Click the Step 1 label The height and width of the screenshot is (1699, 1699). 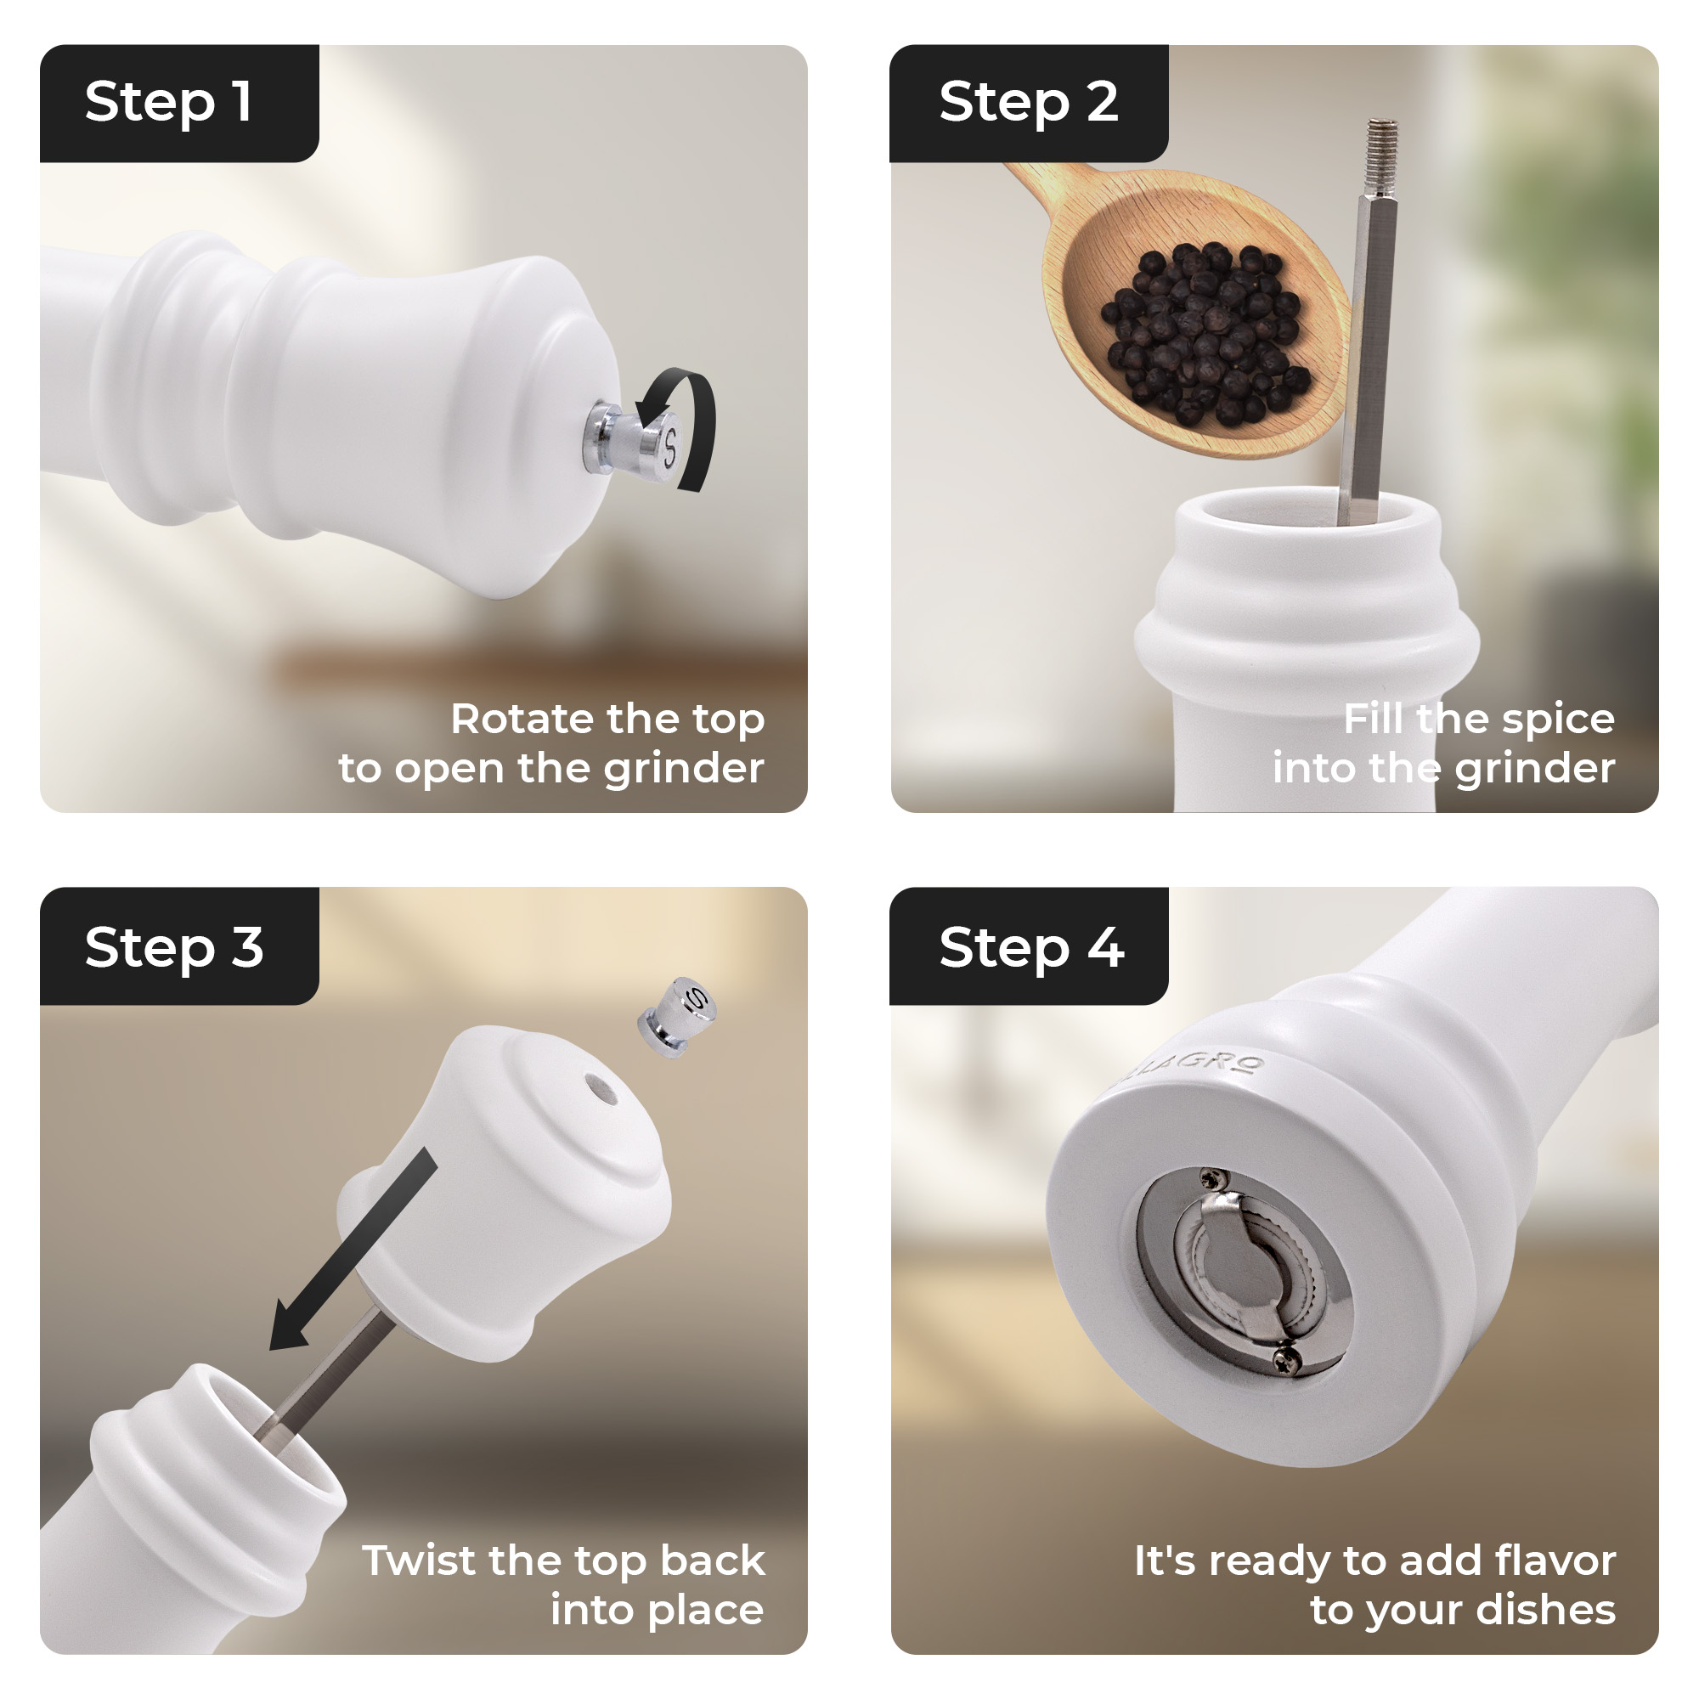pos(169,103)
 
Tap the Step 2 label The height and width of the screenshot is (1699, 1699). pos(1028,103)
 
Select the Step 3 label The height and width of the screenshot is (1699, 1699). pos(174,948)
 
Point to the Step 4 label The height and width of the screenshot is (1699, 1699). pos(1030,948)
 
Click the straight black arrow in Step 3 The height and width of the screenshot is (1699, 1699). pos(353,1249)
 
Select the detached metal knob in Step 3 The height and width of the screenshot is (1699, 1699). pos(676,1016)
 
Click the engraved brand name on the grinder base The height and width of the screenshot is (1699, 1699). pos(1196,1069)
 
